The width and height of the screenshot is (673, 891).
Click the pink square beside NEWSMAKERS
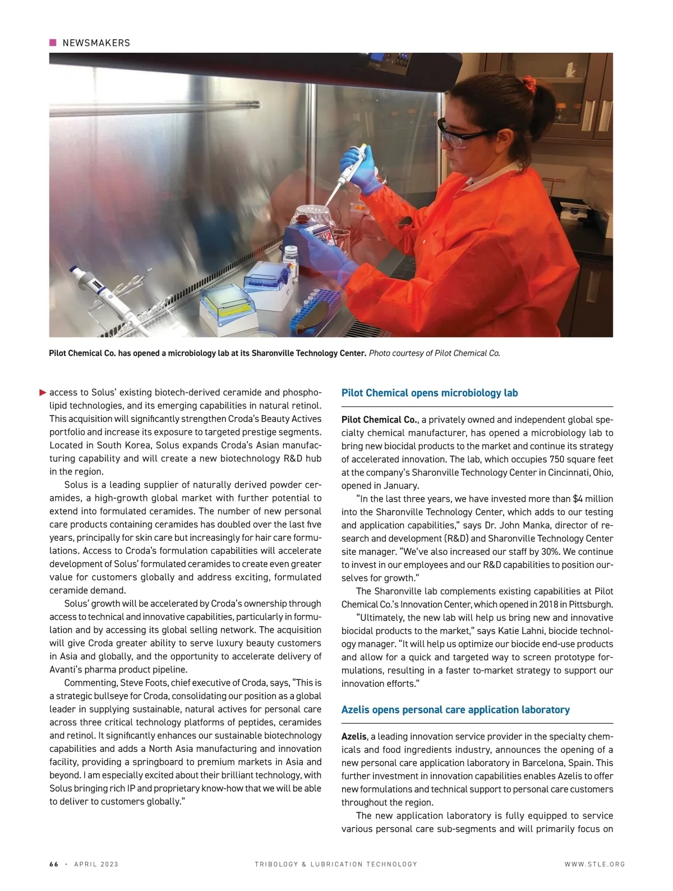pos(53,43)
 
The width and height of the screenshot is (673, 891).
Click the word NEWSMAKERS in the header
pos(96,43)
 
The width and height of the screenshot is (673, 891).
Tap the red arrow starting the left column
pos(43,392)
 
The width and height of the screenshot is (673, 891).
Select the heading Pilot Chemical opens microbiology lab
pos(429,393)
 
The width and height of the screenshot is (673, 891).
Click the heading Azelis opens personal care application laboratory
pos(455,710)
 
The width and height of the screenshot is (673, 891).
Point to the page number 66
pos(54,864)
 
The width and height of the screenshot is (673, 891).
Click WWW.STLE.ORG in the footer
pos(594,864)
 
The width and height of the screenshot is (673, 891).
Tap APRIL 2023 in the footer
pos(96,864)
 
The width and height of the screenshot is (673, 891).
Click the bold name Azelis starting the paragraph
pos(354,737)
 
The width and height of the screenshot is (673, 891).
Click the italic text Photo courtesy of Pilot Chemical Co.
pos(434,353)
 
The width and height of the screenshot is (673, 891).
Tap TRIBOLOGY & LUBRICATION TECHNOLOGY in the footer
pos(336,864)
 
